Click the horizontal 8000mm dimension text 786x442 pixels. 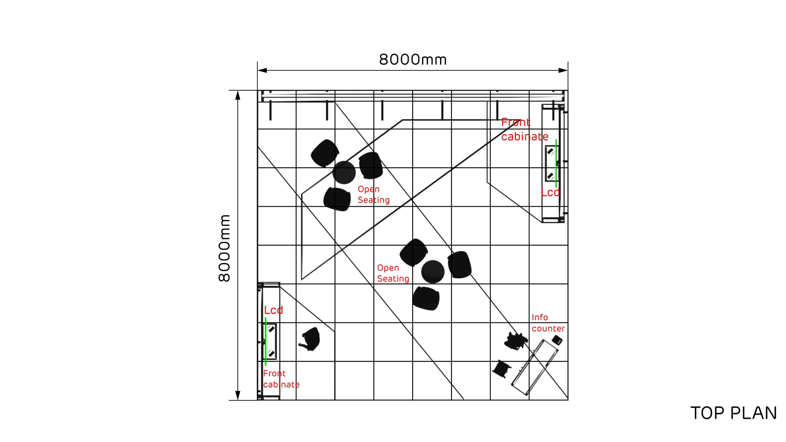click(x=413, y=60)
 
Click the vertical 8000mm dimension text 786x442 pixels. click(x=224, y=248)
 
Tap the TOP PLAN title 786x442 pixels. click(x=733, y=413)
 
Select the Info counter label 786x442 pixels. click(x=548, y=323)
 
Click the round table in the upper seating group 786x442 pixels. click(x=344, y=172)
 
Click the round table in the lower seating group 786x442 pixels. click(x=433, y=271)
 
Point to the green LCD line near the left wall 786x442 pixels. click(x=266, y=341)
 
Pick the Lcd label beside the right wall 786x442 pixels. click(x=550, y=192)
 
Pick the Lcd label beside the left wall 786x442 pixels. click(x=273, y=310)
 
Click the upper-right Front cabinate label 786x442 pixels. click(x=524, y=129)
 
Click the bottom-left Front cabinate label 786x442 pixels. click(x=281, y=379)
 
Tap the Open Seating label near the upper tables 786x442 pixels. click(x=373, y=194)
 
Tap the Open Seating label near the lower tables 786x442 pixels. click(x=393, y=273)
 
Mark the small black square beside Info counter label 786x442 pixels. click(x=557, y=339)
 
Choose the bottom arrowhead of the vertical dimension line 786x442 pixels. click(x=237, y=395)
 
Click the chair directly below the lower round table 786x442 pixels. click(x=426, y=298)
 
